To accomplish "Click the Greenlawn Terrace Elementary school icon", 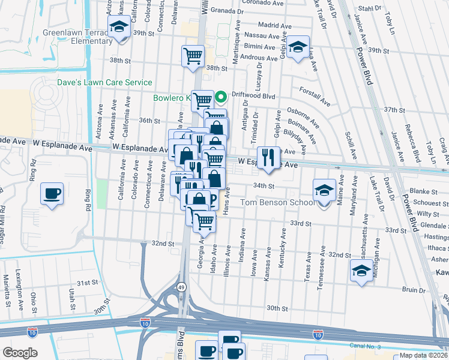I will (119, 28).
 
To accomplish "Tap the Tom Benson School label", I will (278, 203).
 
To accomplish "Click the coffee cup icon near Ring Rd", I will (52, 194).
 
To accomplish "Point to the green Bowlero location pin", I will (220, 96).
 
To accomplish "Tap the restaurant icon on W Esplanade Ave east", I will (268, 157).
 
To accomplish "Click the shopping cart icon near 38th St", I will (193, 56).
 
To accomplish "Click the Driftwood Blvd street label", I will (253, 95).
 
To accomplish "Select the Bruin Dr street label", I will (414, 290).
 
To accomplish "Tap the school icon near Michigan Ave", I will (361, 271).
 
